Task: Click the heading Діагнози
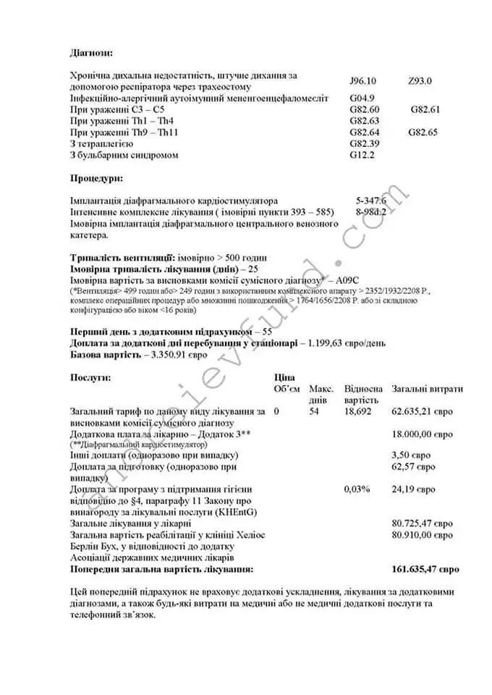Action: coord(91,53)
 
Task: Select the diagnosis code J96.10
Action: coord(368,81)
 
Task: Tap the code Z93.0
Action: coord(420,81)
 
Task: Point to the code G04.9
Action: coord(362,98)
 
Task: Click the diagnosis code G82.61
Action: coord(425,109)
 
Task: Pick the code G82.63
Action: coord(364,121)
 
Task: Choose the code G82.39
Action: coord(364,143)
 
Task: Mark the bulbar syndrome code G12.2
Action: coord(362,155)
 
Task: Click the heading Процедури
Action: coord(96,177)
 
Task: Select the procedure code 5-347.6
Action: coord(371,201)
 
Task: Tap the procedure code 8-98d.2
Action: coord(371,212)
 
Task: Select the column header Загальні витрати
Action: coord(427,389)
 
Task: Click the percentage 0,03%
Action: coord(357,489)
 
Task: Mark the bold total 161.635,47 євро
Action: coord(425,569)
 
